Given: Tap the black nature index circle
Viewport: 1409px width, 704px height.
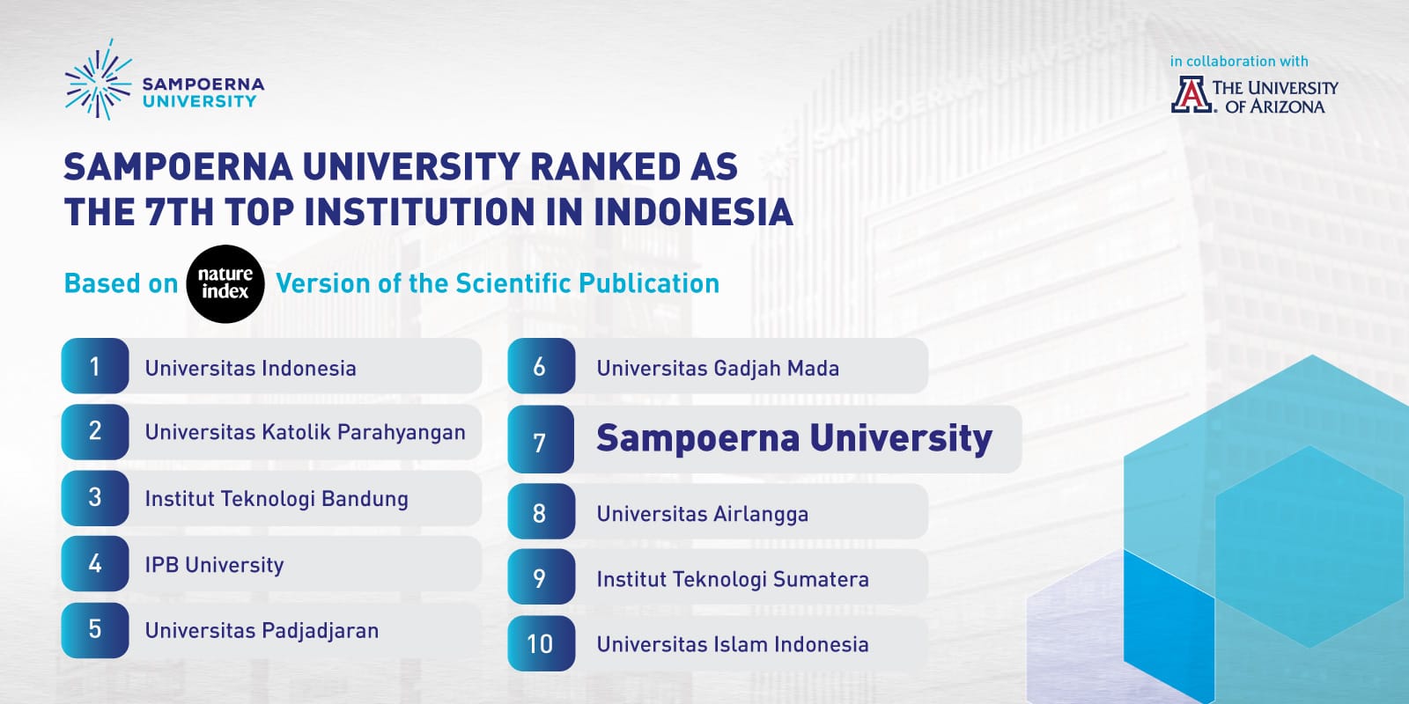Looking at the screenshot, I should click(225, 283).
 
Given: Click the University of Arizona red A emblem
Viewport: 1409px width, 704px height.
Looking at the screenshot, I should click(1191, 95).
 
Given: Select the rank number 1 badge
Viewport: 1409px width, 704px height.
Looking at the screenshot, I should click(95, 366).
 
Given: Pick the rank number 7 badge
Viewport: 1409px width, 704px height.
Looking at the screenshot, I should click(541, 442).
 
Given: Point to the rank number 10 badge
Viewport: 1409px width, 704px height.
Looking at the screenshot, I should click(541, 644).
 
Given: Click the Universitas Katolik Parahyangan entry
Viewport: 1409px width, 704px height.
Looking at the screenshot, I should click(305, 432).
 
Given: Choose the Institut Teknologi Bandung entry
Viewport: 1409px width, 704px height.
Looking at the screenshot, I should click(277, 499).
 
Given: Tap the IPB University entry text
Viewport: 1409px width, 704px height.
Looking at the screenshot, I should click(214, 565).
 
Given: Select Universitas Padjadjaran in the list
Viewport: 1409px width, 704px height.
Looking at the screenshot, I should click(262, 631).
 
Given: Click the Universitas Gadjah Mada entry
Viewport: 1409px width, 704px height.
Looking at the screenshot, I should click(718, 368).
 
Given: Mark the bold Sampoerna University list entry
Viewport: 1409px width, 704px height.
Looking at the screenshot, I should click(794, 438).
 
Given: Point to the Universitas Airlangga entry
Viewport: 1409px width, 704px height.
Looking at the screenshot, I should click(702, 514).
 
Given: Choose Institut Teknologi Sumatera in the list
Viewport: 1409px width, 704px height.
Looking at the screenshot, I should click(733, 579).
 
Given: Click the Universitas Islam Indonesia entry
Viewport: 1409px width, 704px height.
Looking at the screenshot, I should click(733, 644).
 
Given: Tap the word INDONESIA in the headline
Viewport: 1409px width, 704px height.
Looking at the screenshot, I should click(693, 212).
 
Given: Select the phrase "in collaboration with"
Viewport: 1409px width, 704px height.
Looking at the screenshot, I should click(1239, 62).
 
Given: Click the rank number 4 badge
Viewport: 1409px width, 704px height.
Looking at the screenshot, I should click(95, 563).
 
